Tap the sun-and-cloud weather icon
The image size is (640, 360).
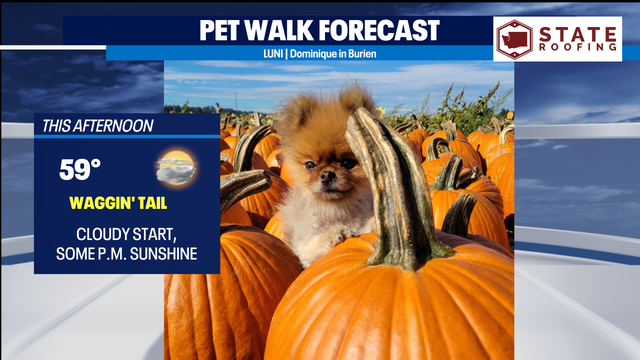176,167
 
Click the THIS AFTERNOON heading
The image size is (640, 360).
97,126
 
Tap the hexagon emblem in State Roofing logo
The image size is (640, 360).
514,40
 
